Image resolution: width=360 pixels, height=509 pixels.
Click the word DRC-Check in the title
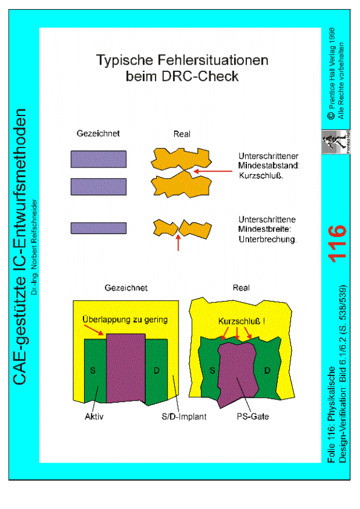tap(200, 76)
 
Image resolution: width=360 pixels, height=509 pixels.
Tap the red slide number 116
tap(337, 244)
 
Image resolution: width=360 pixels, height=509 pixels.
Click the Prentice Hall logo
tap(336, 142)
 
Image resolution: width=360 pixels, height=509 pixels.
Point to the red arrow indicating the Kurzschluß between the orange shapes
tap(213, 171)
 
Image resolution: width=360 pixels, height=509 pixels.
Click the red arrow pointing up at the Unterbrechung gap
tap(178, 243)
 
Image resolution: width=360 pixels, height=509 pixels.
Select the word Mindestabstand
tap(269, 166)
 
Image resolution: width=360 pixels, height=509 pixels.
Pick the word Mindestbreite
tap(264, 229)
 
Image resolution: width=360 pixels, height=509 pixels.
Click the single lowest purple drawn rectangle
tap(99, 229)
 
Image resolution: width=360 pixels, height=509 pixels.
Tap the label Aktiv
tap(94, 417)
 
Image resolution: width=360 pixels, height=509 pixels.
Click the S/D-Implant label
tap(184, 417)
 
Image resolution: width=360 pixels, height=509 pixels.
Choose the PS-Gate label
tap(253, 417)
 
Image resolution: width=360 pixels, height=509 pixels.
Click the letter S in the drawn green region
tap(93, 371)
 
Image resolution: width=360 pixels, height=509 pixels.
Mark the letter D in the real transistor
tap(267, 371)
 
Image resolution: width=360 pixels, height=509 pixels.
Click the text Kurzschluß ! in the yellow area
tap(241, 322)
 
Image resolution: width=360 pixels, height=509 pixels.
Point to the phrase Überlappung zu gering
tap(125, 320)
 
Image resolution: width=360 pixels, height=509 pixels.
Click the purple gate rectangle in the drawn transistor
tap(126, 368)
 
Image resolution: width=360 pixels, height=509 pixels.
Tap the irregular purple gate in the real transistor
tap(237, 374)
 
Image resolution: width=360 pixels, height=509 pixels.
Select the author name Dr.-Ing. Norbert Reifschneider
tap(34, 247)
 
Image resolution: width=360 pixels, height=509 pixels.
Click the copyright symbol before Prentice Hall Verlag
tap(332, 116)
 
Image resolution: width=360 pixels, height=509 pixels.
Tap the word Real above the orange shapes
tap(182, 134)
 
